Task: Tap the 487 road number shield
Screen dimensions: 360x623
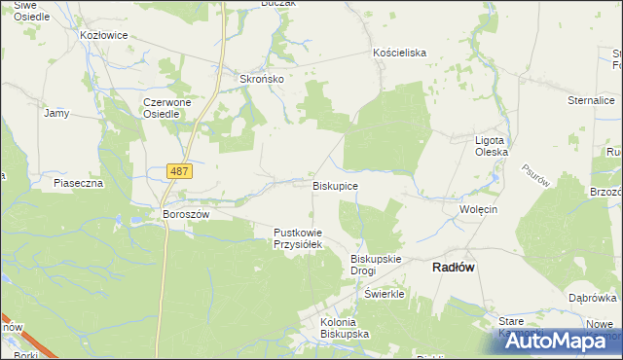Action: pyautogui.click(x=179, y=171)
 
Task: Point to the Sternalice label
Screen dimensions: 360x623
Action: pyautogui.click(x=591, y=99)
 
